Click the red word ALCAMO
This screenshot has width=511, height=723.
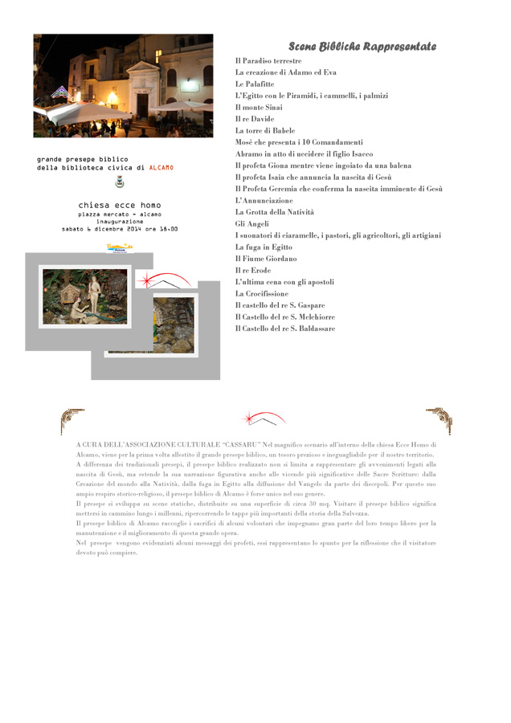[x=161, y=168]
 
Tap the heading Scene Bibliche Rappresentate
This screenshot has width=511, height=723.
[x=362, y=47]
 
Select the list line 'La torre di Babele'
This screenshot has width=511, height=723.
[x=265, y=130]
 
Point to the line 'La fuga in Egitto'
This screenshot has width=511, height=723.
[x=264, y=247]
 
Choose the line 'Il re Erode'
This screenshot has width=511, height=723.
[x=253, y=271]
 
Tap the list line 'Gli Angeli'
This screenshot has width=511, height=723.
[x=251, y=224]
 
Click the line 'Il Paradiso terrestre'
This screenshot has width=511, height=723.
[x=268, y=61]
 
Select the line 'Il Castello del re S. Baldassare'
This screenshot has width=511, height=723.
[x=285, y=329]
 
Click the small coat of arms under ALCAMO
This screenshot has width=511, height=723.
[x=120, y=182]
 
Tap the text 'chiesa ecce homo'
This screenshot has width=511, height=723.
[x=120, y=206]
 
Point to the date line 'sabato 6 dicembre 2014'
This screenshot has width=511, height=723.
[x=120, y=230]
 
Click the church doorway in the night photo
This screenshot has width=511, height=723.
[x=141, y=104]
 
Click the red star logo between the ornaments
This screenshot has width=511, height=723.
[x=262, y=419]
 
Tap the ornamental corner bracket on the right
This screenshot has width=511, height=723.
[x=439, y=419]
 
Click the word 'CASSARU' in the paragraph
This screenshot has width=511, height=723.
[x=240, y=444]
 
